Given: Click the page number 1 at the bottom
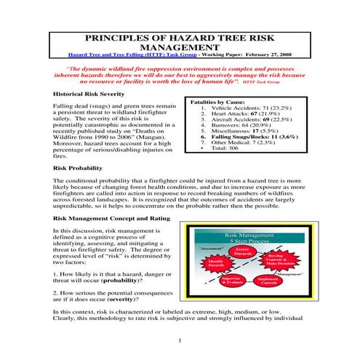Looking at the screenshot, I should click(x=179, y=340).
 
